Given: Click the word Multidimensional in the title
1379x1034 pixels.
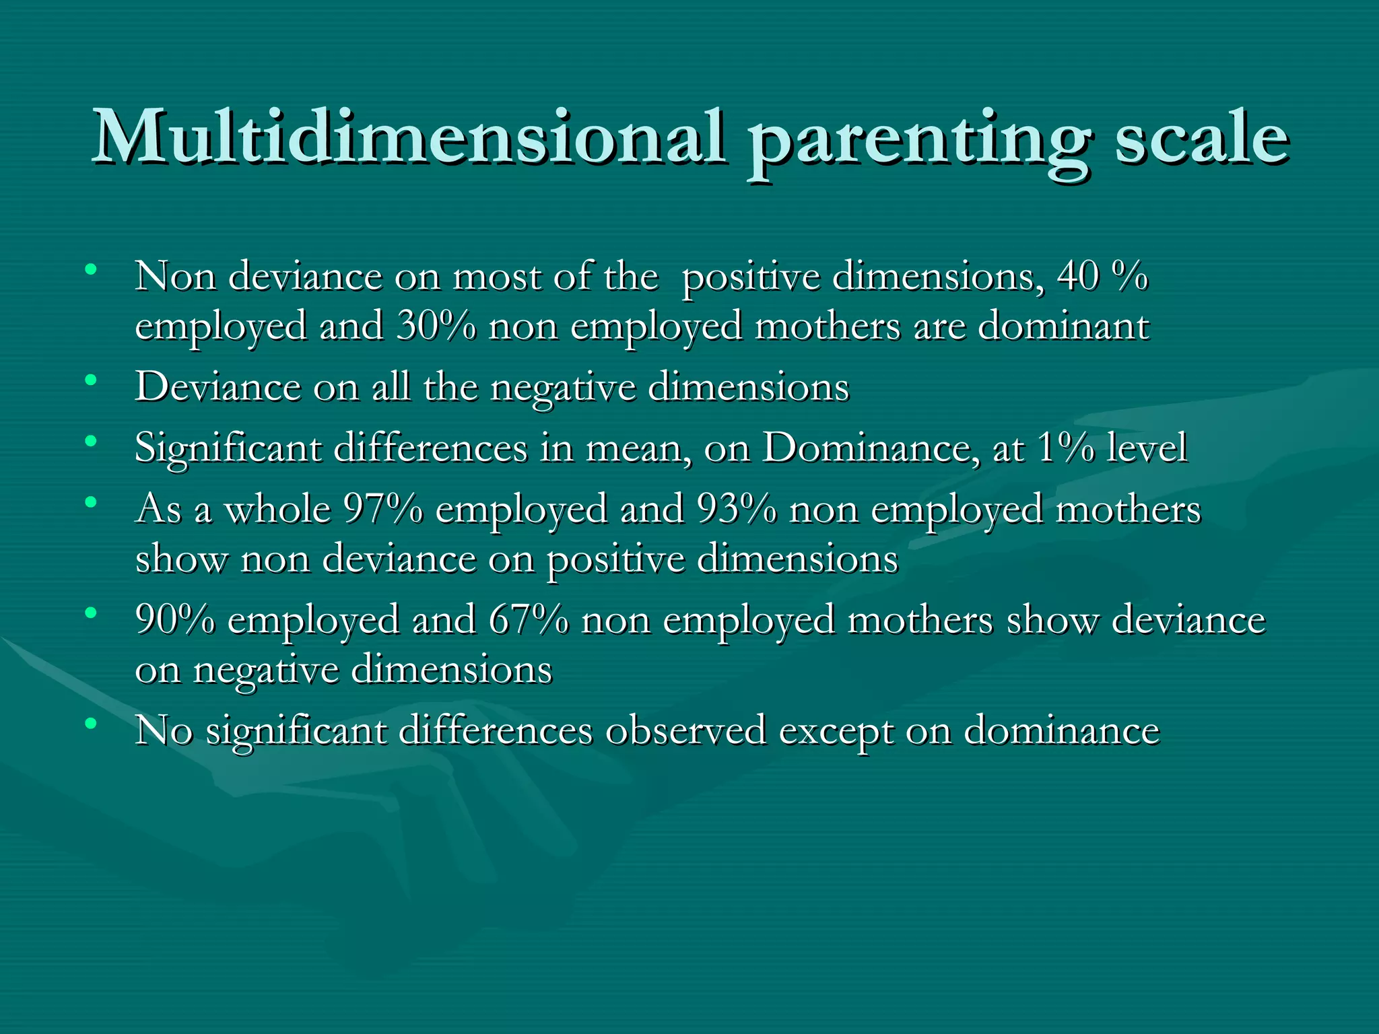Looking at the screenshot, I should pos(409,138).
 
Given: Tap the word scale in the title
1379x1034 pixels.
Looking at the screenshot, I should pos(1201,138).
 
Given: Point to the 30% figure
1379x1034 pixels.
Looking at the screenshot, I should pos(436,326).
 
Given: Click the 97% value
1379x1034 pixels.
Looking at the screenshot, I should pos(383,509).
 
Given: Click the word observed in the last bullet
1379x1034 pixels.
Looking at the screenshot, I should pos(685,730).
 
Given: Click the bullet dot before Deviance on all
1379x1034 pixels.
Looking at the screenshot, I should pos(90,381).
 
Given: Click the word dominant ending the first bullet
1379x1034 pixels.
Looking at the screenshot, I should pos(1063,326).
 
